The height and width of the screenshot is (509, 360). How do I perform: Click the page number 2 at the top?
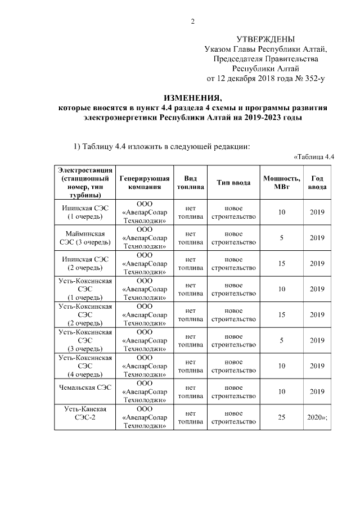click(193, 22)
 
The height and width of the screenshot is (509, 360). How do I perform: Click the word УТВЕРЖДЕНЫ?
click(265, 39)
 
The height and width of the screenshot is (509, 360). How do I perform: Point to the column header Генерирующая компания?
click(145, 183)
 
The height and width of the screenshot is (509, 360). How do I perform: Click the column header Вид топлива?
click(190, 183)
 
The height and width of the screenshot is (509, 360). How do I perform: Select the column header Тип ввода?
click(233, 183)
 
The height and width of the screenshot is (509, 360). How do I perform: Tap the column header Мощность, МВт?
click(281, 183)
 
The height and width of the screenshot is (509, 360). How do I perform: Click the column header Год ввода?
click(317, 183)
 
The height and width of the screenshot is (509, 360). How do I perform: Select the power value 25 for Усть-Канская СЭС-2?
click(281, 417)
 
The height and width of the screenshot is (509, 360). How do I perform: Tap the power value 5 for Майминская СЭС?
click(281, 238)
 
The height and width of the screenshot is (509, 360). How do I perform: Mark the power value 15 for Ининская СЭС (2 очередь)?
click(281, 263)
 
